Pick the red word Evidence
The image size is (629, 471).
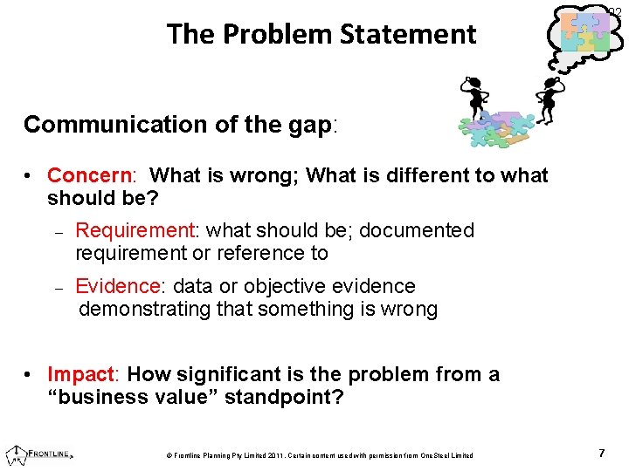point(121,286)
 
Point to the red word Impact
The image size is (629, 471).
point(80,374)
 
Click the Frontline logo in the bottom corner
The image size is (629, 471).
point(38,454)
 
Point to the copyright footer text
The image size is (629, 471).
point(318,455)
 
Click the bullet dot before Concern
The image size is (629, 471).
point(29,175)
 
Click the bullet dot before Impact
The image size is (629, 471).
point(29,374)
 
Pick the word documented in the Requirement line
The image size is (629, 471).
point(417,230)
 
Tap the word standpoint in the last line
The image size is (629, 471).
point(284,398)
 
